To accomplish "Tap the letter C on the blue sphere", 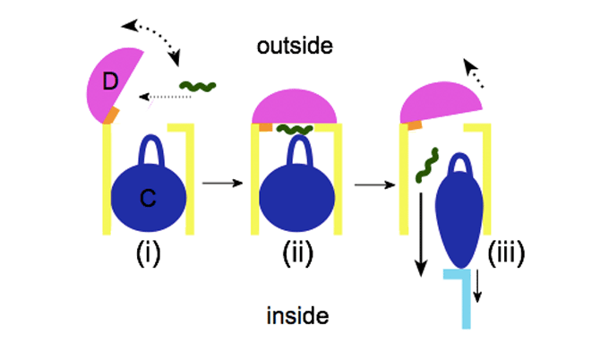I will (148, 201).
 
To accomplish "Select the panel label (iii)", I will (506, 253).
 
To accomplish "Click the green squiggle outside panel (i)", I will (197, 87).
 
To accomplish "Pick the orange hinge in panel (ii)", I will (265, 128).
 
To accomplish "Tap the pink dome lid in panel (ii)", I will (295, 107).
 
